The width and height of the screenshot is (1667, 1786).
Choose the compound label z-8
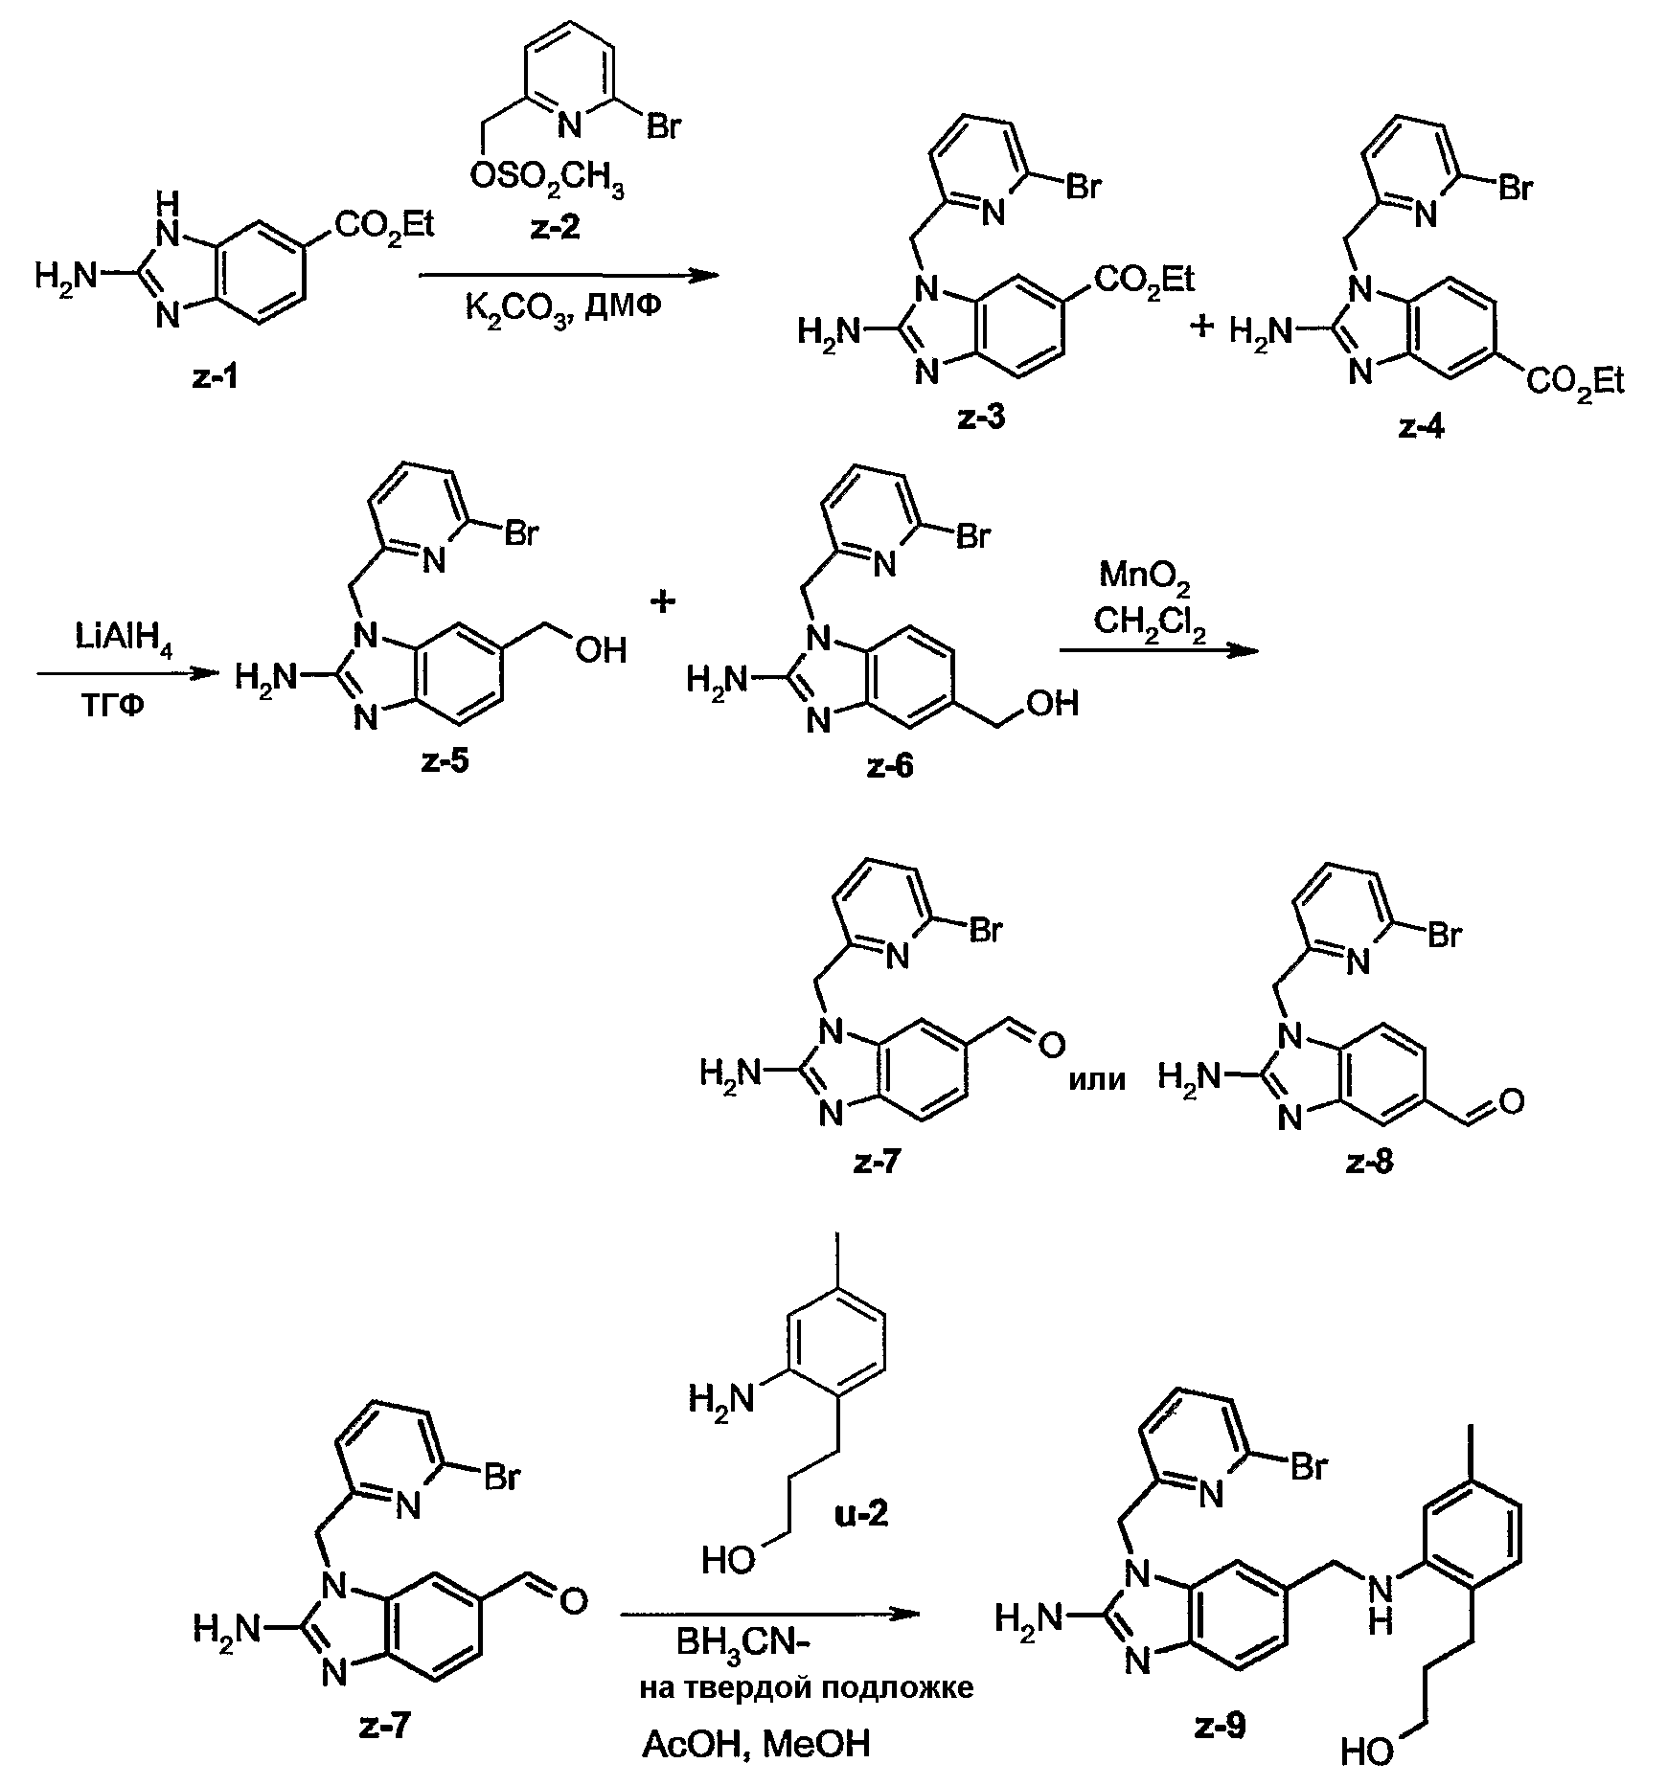pos(1371,1163)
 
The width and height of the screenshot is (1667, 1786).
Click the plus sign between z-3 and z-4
pos(1200,328)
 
